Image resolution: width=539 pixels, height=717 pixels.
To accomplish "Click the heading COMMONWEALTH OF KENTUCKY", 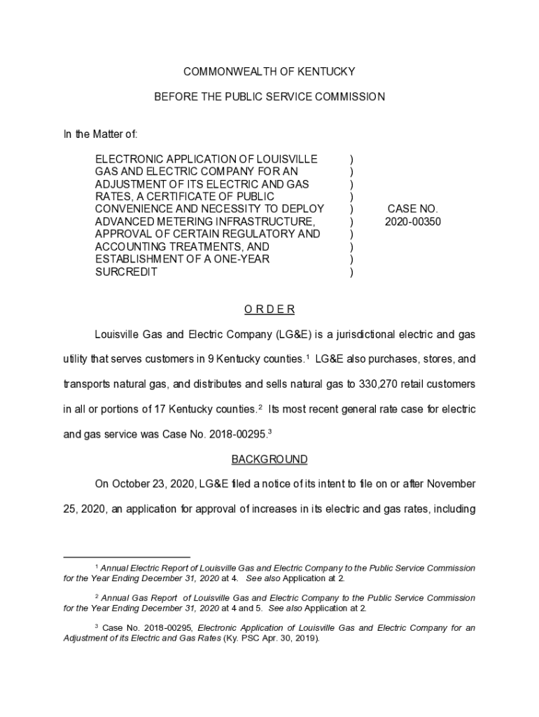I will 269,71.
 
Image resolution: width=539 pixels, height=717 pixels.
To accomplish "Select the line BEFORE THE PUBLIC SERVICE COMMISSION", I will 269,97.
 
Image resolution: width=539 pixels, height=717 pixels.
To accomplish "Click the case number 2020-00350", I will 413,222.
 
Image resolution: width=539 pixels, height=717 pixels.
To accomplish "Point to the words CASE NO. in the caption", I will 412,209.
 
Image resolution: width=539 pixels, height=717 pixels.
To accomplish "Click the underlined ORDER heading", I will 269,309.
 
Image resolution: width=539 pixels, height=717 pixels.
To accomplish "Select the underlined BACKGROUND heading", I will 269,459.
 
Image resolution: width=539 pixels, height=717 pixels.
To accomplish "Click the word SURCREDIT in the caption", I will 126,272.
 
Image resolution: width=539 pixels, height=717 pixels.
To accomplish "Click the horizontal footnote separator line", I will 127,558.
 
